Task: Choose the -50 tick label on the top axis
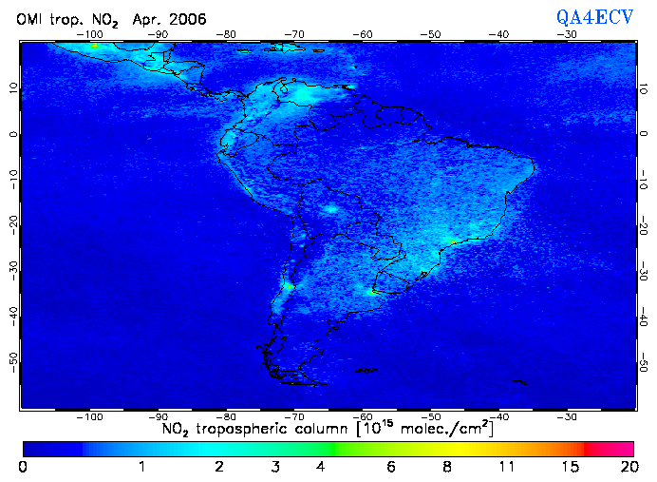[x=431, y=33]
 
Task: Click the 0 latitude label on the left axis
[x=13, y=134]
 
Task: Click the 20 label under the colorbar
[x=626, y=467]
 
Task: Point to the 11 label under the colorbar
[x=506, y=467]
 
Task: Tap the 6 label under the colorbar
[x=390, y=467]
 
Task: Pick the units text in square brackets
[x=423, y=430]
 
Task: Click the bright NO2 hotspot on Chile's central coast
[x=289, y=285]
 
